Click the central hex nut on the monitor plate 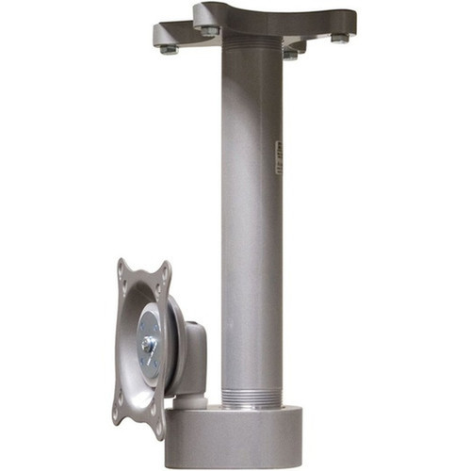coord(148,344)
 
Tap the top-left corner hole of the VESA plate coord(122,273)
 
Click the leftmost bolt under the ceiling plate coord(169,49)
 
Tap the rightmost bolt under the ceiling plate coord(338,39)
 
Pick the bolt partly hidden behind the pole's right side coord(291,54)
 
